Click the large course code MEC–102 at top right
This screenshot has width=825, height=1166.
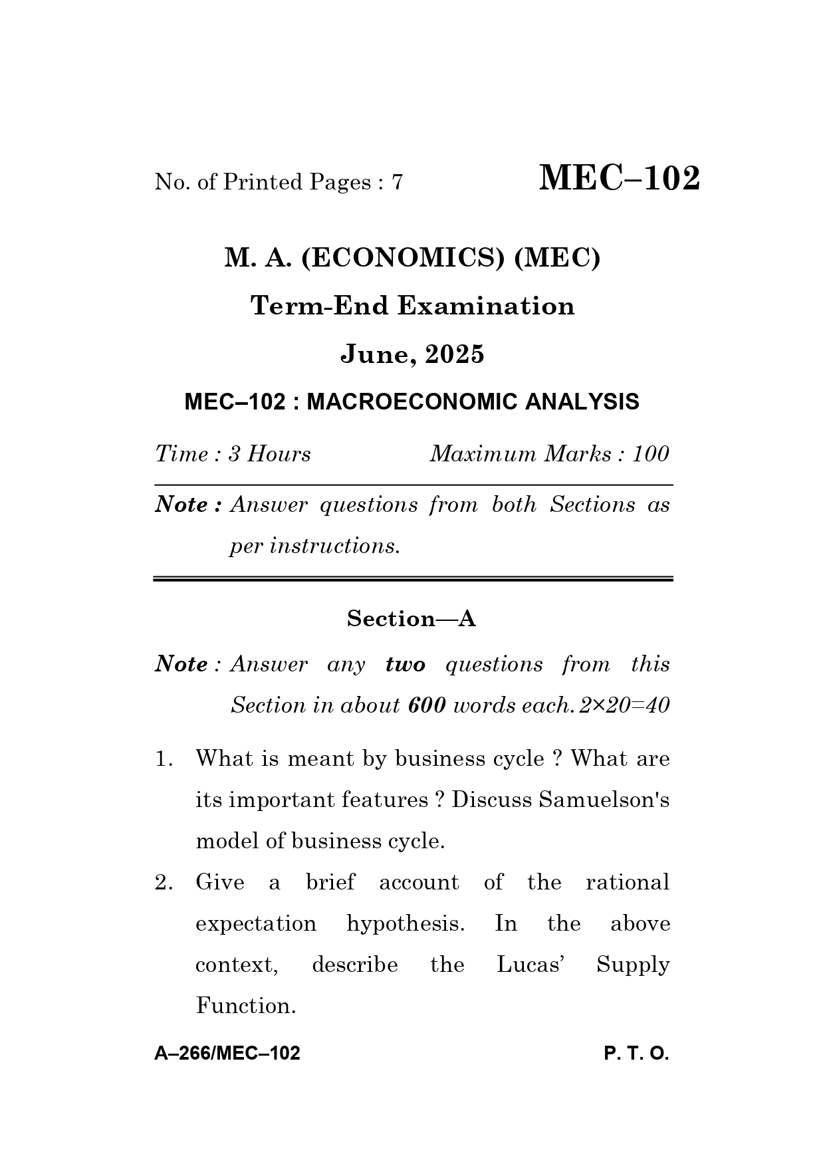(x=619, y=179)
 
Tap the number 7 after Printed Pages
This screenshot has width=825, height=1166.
(x=397, y=182)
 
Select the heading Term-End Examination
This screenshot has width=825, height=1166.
(x=412, y=306)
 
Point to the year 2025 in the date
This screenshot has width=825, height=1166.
(x=455, y=354)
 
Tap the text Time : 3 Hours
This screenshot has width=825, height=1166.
(x=233, y=454)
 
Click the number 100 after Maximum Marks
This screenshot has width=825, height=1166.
(x=650, y=454)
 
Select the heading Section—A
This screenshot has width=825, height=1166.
(x=412, y=619)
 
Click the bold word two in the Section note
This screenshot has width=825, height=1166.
(x=405, y=664)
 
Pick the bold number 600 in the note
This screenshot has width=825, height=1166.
(x=427, y=705)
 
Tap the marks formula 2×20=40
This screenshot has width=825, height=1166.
(x=624, y=705)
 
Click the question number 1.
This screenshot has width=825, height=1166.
(x=163, y=758)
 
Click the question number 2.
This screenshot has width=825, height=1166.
(x=164, y=883)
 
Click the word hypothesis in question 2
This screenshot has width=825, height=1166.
(x=406, y=924)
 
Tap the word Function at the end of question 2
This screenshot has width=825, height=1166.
(x=245, y=1006)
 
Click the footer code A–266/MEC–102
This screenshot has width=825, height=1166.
(x=227, y=1054)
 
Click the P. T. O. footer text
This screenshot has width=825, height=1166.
(x=636, y=1054)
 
